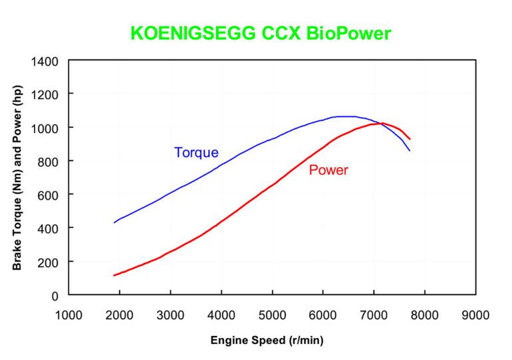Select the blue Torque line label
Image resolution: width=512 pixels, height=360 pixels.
pos(196,152)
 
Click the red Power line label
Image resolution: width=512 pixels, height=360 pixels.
pos(328,170)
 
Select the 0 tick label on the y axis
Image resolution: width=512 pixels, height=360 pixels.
pos(55,295)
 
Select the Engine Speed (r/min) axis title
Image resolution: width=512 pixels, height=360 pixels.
pos(267,340)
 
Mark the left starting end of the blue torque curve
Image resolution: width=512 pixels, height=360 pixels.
pos(114,222)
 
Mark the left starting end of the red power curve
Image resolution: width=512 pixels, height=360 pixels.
pos(114,275)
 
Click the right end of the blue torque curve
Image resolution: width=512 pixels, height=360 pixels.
pos(410,151)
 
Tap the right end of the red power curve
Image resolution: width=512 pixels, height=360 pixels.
pos(410,139)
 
